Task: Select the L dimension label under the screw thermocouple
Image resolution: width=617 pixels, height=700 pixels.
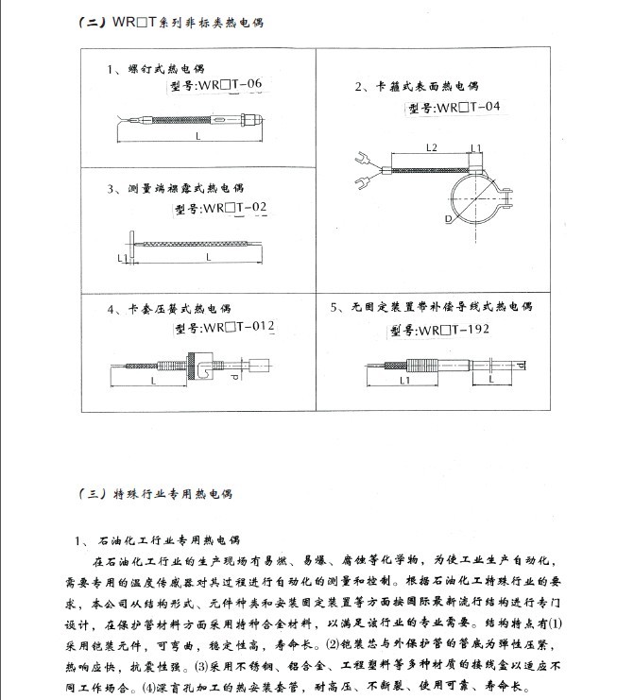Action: pos(198,138)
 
